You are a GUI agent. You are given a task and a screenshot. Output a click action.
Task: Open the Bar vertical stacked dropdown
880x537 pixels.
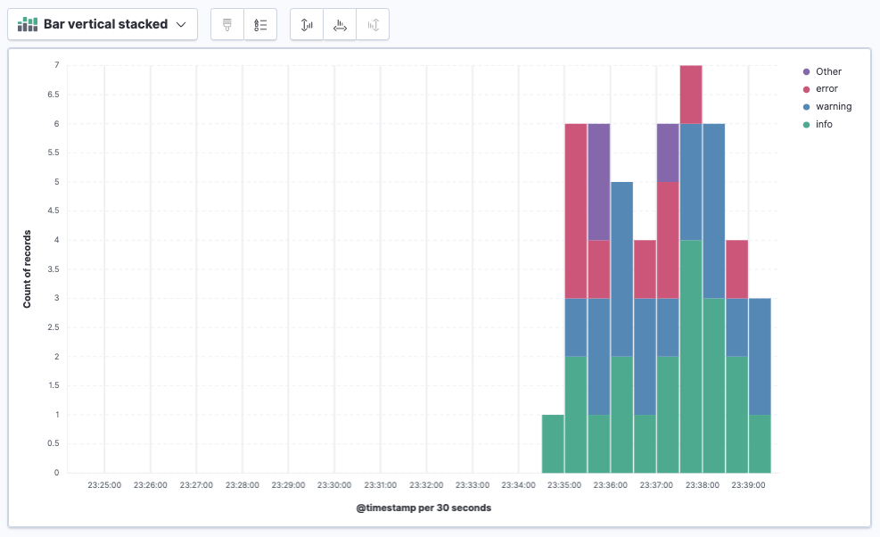click(x=103, y=25)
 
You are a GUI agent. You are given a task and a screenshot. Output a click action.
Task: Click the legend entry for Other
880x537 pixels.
click(x=827, y=71)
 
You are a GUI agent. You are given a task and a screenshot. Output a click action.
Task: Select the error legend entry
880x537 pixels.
click(x=827, y=89)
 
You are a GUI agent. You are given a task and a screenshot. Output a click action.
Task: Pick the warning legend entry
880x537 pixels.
click(x=833, y=107)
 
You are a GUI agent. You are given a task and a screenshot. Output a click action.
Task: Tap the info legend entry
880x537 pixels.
click(x=824, y=125)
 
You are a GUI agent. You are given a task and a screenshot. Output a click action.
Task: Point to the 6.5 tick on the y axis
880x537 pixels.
click(x=53, y=95)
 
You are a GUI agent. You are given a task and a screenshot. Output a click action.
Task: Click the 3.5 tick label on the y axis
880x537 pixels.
click(x=53, y=269)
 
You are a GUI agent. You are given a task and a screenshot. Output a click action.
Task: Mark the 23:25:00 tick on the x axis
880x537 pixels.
click(x=104, y=486)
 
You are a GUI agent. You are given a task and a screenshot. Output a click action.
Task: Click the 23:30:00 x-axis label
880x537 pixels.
click(x=334, y=486)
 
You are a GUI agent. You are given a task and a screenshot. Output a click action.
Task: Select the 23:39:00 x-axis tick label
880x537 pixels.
click(x=748, y=486)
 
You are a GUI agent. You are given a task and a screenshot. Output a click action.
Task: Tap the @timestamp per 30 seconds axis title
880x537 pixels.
click(x=424, y=508)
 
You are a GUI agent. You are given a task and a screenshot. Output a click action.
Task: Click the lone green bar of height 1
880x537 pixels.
click(x=553, y=443)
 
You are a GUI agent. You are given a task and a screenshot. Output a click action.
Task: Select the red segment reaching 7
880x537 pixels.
click(x=691, y=94)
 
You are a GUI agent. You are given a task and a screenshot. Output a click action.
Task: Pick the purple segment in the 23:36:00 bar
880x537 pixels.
click(x=599, y=181)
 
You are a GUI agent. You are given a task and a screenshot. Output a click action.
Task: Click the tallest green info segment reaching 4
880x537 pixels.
click(x=691, y=357)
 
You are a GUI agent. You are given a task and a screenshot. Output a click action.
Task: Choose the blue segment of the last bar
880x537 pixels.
click(x=760, y=356)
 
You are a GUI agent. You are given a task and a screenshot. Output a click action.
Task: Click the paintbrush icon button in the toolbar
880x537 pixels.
click(x=227, y=25)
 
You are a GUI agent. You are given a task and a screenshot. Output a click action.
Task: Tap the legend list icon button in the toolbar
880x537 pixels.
click(x=260, y=25)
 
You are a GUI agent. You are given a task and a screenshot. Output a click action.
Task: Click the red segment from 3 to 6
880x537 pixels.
click(x=576, y=211)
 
